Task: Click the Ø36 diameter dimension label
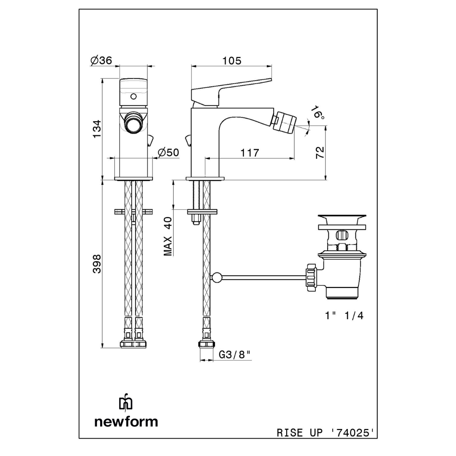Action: pos(101,61)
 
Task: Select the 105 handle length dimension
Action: pos(232,61)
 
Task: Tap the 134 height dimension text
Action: pos(97,129)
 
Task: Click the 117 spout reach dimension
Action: pos(250,152)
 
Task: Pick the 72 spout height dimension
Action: pos(320,152)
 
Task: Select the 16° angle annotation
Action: pos(318,113)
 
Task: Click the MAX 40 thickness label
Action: pos(168,236)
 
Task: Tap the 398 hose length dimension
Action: pos(97,263)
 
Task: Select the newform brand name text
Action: pos(126,421)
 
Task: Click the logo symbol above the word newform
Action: pos(125,403)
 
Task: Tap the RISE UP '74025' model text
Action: pos(325,433)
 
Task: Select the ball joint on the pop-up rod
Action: pos(216,277)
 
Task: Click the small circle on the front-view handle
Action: pos(134,96)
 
